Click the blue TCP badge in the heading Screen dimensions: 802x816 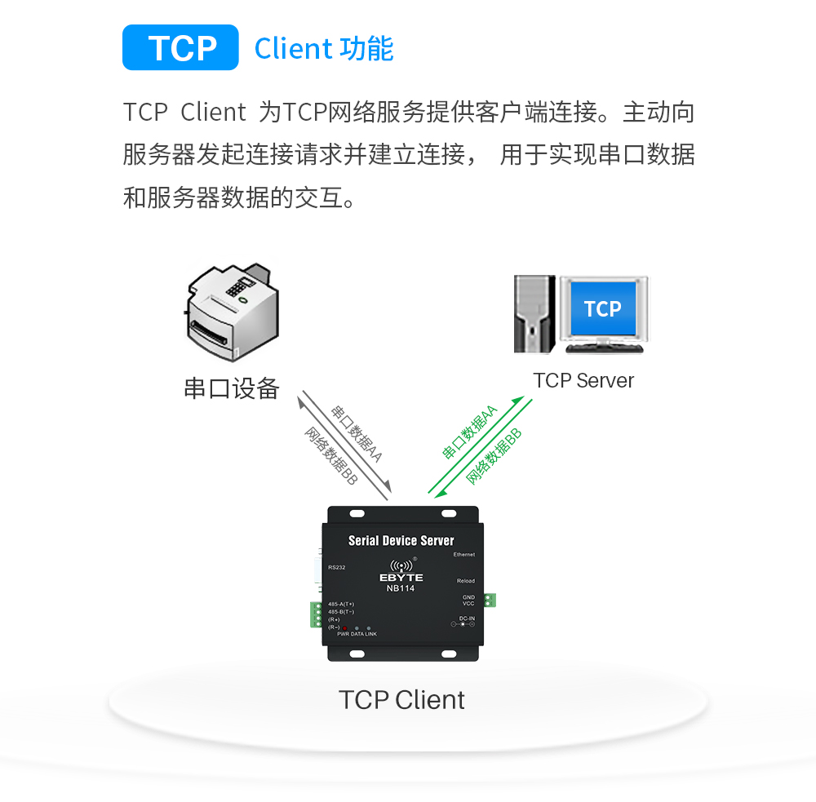coord(180,48)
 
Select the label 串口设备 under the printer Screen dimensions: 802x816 coord(232,388)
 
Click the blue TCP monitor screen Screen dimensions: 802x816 coord(602,308)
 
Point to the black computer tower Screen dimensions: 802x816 coord(534,314)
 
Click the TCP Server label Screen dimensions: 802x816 coord(583,380)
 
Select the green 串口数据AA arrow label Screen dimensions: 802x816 coord(470,431)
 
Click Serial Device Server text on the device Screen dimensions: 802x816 coord(401,540)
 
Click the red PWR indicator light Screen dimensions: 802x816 coord(344,627)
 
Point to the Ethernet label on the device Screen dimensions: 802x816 coord(463,555)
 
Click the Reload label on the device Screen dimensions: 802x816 coord(465,581)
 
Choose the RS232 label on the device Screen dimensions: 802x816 coord(336,567)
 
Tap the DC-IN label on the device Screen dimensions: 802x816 coord(467,618)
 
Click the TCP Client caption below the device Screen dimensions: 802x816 coord(401,700)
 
